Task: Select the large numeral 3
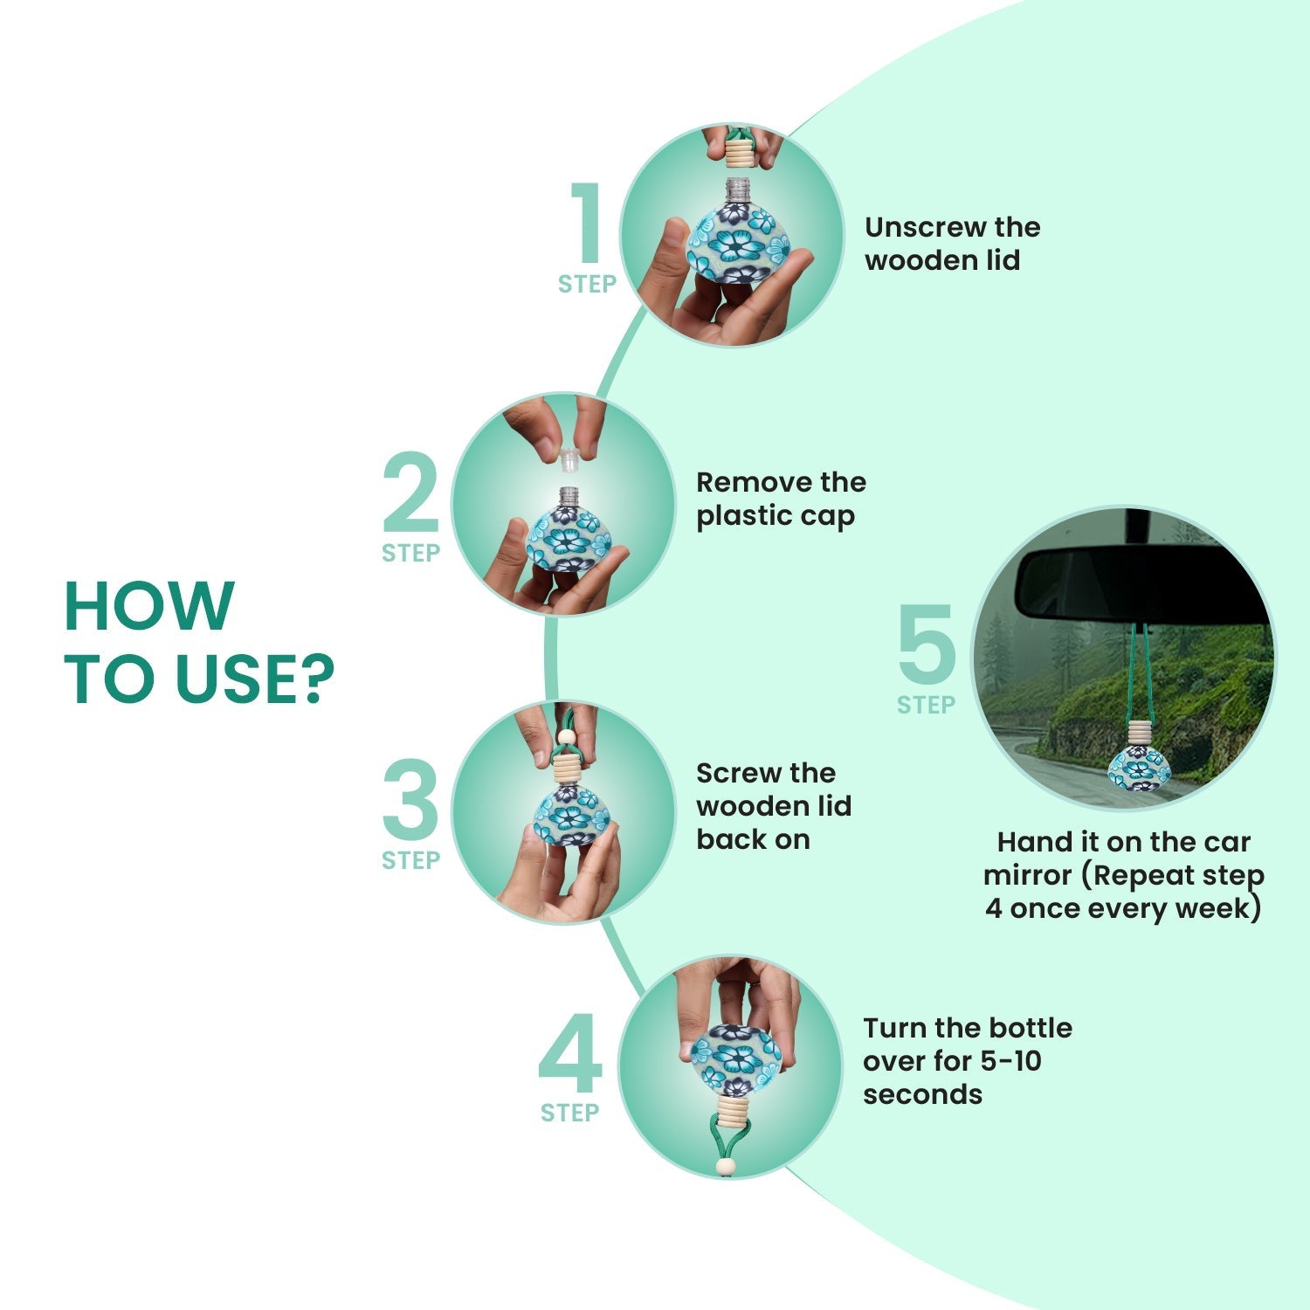(x=410, y=799)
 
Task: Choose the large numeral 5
(x=927, y=644)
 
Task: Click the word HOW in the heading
(x=149, y=605)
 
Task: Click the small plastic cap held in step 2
(x=569, y=457)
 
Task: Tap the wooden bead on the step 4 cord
(x=725, y=1167)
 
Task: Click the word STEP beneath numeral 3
(x=410, y=860)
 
